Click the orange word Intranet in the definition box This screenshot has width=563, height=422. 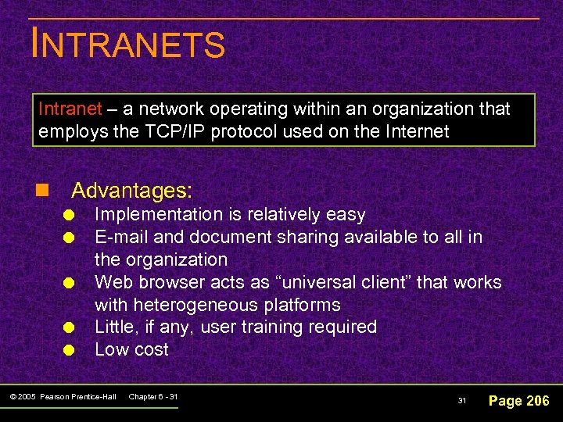[70, 109]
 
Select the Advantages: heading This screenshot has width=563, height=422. [131, 190]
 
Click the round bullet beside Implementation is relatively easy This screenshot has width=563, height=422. [69, 216]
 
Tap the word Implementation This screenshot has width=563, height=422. [158, 214]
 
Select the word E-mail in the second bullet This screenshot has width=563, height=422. [119, 237]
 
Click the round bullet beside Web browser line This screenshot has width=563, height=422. [69, 283]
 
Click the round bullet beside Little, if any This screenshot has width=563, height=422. [69, 328]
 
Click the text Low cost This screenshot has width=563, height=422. [131, 349]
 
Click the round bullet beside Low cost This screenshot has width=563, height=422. [69, 351]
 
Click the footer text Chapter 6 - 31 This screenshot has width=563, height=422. [152, 397]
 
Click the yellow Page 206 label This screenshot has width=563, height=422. [518, 401]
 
